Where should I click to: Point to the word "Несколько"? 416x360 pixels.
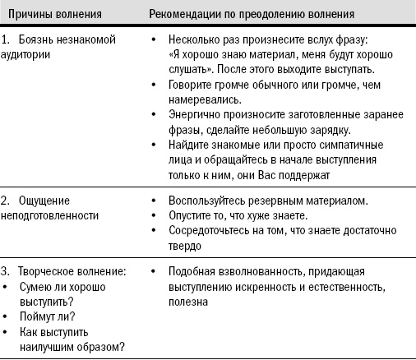[192, 39]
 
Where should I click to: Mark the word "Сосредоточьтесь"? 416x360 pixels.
[207, 230]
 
